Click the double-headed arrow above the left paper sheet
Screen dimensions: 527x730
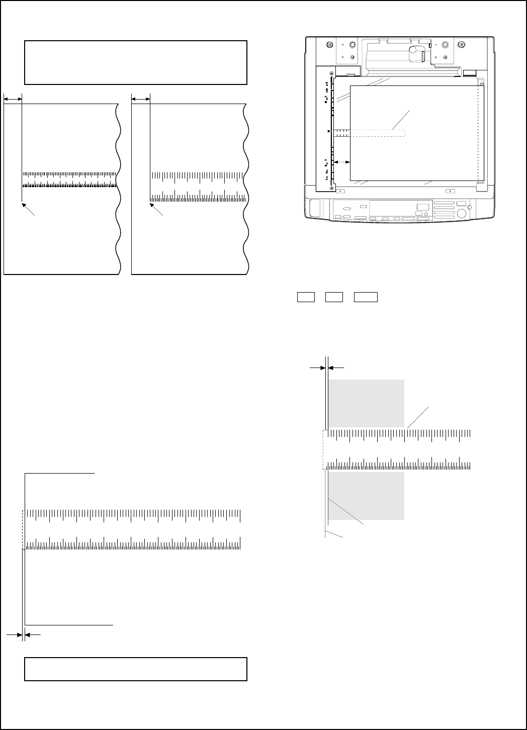click(13, 99)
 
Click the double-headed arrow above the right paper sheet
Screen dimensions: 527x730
click(141, 99)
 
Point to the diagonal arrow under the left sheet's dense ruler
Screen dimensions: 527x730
click(28, 209)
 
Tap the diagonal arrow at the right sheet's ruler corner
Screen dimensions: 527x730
click(156, 209)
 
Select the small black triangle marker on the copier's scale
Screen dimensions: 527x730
click(329, 131)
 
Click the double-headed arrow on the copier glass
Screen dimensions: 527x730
click(342, 161)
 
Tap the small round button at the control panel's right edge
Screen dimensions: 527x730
click(470, 208)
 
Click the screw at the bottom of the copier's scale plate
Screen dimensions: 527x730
click(332, 188)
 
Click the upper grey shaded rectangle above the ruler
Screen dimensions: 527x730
click(367, 403)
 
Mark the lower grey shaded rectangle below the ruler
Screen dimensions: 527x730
click(367, 496)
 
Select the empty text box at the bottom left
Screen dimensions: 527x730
click(136, 669)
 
